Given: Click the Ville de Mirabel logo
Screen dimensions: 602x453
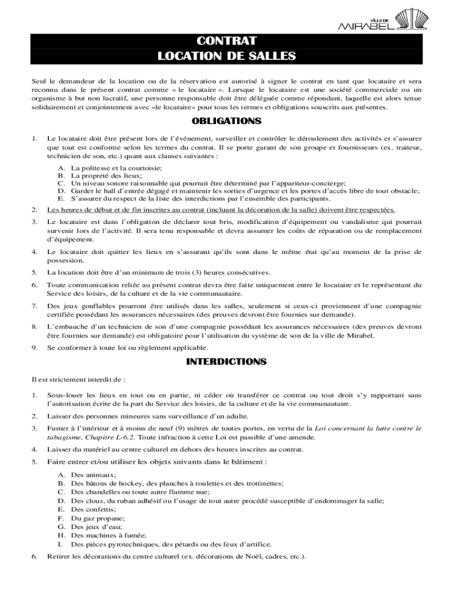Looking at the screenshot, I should coord(386,19).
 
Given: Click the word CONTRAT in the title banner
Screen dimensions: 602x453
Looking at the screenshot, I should coord(226,41).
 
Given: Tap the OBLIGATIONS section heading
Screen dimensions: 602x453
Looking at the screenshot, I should coord(226,122).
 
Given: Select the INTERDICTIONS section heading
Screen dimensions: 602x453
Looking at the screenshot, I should coord(226,362).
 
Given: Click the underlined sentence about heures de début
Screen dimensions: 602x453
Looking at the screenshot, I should coord(221,210).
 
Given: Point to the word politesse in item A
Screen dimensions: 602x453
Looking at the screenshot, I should coord(91,168).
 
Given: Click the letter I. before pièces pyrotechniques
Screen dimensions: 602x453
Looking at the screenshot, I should coord(61,544).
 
